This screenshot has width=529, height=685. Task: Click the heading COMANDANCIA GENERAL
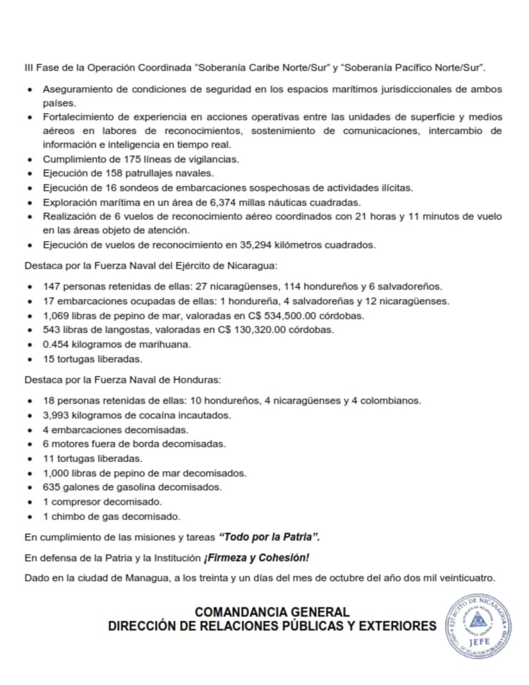[272, 612]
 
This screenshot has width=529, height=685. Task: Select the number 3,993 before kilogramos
[56, 415]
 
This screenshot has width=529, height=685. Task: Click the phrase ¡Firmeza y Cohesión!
[256, 557]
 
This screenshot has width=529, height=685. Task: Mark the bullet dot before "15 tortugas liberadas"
[30, 359]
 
